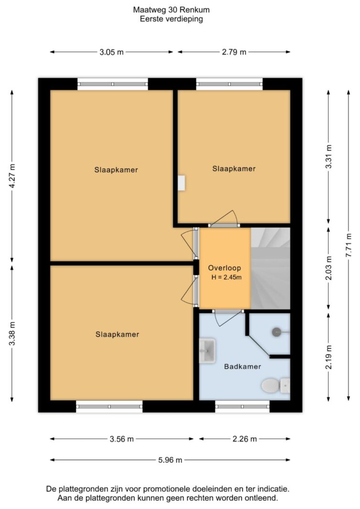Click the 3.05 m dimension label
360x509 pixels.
pos(111,52)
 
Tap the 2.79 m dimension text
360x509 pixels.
pos(234,52)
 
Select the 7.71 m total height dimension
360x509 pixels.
pos(349,245)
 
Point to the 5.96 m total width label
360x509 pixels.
pos(170,460)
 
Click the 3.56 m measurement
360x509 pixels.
pos(122,439)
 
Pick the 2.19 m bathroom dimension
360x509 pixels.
pos(329,357)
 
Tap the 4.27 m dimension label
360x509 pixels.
pos(12,177)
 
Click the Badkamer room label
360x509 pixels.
pos(243,366)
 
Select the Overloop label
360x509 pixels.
pos(224,268)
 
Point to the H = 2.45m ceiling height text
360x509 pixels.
pos(226,277)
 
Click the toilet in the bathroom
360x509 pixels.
pos(275,385)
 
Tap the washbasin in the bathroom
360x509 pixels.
pos(207,351)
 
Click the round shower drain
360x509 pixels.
pos(276,332)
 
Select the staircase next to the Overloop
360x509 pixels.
pos(270,268)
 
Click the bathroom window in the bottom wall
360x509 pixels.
pos(243,406)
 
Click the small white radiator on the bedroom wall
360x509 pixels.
pos(181,183)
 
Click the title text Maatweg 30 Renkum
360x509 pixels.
pos(171,10)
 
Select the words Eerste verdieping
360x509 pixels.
pos(171,19)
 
